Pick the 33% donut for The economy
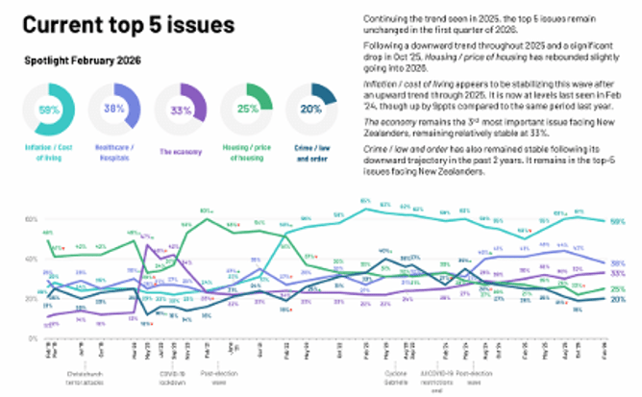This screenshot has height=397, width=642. point(180,111)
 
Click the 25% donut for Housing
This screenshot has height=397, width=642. point(245,111)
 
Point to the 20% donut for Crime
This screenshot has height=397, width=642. point(311,111)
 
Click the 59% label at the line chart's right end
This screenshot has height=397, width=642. point(619,222)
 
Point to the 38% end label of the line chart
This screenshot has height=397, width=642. point(619,262)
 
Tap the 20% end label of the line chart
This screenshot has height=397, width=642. point(619,299)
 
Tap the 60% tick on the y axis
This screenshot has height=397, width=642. point(30,219)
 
